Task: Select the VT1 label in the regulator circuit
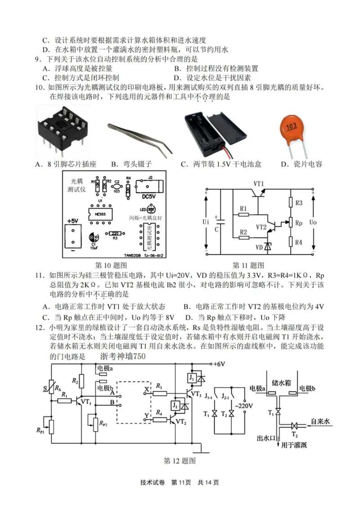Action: [260, 183]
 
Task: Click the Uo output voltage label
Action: [314, 223]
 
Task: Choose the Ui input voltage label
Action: [206, 222]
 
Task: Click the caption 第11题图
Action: [248, 265]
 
